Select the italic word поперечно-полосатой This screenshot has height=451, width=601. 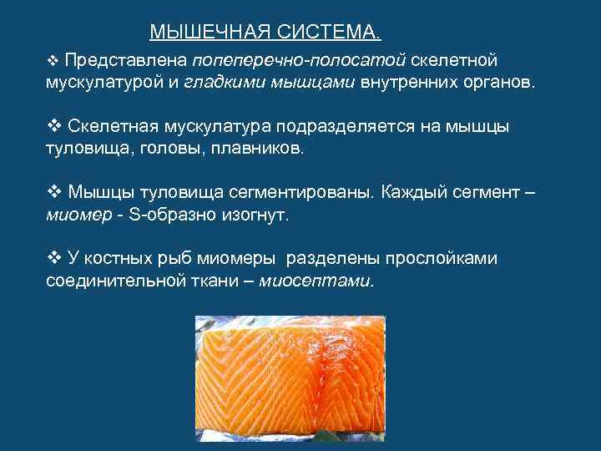(x=299, y=61)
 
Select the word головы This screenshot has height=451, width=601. (x=184, y=149)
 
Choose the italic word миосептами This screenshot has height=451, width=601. (x=316, y=281)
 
